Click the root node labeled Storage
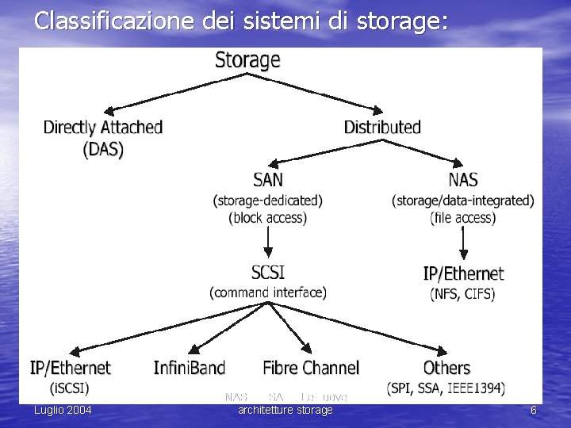247,60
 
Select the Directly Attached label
102,127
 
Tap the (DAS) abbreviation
104,149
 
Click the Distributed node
382,127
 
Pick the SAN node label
268,180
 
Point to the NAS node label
463,180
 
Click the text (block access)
268,217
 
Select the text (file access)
463,217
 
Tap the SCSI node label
268,273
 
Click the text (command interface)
268,292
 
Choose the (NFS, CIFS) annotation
462,294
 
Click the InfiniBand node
190,368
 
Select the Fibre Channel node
311,368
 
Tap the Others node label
446,368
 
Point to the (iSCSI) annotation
70,388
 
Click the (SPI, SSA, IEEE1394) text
446,388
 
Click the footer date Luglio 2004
62,410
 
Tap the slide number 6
534,410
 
